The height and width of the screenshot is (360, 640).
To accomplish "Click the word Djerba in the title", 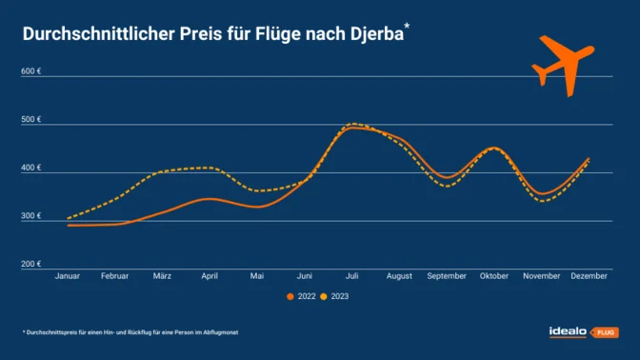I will [x=370, y=35].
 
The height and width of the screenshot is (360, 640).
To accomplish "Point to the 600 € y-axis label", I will [x=31, y=71].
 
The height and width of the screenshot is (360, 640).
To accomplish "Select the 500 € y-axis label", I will [x=31, y=120].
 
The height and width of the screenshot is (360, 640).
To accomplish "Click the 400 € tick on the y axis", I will [x=31, y=168].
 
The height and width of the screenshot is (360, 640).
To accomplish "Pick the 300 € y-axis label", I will [x=31, y=216].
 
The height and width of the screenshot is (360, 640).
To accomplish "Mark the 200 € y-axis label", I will [x=31, y=264].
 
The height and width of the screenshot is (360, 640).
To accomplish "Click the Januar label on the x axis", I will [x=68, y=275].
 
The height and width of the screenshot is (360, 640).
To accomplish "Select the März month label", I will [x=162, y=275].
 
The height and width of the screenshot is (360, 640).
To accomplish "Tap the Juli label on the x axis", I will [x=352, y=275].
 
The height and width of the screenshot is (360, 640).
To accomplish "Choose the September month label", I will [x=447, y=275].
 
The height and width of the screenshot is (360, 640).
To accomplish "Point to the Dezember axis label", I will [x=590, y=275].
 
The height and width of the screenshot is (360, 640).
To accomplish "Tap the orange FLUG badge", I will [x=606, y=332].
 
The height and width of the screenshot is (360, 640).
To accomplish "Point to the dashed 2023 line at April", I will [x=210, y=168].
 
